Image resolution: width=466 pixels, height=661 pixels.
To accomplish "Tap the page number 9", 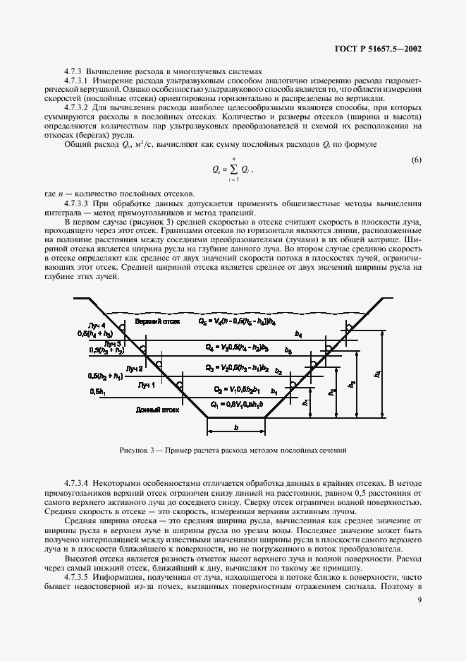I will pyautogui.click(x=419, y=600).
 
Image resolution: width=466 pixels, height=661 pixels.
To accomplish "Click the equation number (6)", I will pyautogui.click(x=416, y=160).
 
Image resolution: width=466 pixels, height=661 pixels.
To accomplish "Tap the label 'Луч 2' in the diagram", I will pyautogui.click(x=135, y=369).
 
